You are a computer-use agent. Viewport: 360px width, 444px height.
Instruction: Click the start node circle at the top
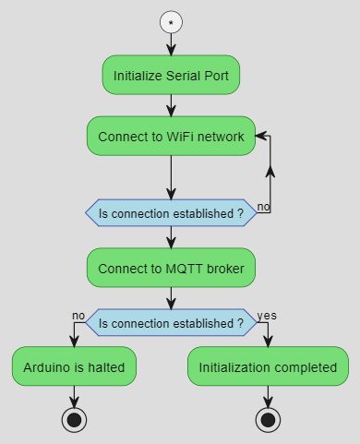[x=171, y=21]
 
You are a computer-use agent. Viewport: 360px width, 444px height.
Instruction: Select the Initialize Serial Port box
[x=171, y=75]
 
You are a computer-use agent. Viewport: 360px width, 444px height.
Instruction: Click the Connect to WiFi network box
[x=171, y=137]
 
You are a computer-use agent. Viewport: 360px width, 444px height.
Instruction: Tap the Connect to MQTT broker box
[x=171, y=269]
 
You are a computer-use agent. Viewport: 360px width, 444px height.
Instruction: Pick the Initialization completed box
[x=268, y=366]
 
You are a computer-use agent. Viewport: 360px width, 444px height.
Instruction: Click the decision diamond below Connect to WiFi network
[x=171, y=213]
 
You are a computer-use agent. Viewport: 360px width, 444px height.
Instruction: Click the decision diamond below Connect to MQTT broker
[x=171, y=323]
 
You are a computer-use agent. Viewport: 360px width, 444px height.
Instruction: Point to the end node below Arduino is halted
[x=74, y=419]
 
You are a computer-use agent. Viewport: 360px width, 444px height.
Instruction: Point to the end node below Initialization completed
[x=268, y=419]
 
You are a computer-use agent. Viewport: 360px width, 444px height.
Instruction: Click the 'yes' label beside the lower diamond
[x=266, y=315]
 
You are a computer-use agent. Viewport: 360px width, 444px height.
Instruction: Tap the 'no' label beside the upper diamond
[x=263, y=206]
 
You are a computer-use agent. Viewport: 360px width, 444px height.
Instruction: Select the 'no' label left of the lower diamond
[x=78, y=315]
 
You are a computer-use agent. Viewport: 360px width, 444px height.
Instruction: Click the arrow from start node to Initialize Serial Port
[x=171, y=44]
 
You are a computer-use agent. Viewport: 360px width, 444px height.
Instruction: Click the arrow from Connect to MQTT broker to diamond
[x=171, y=297]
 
